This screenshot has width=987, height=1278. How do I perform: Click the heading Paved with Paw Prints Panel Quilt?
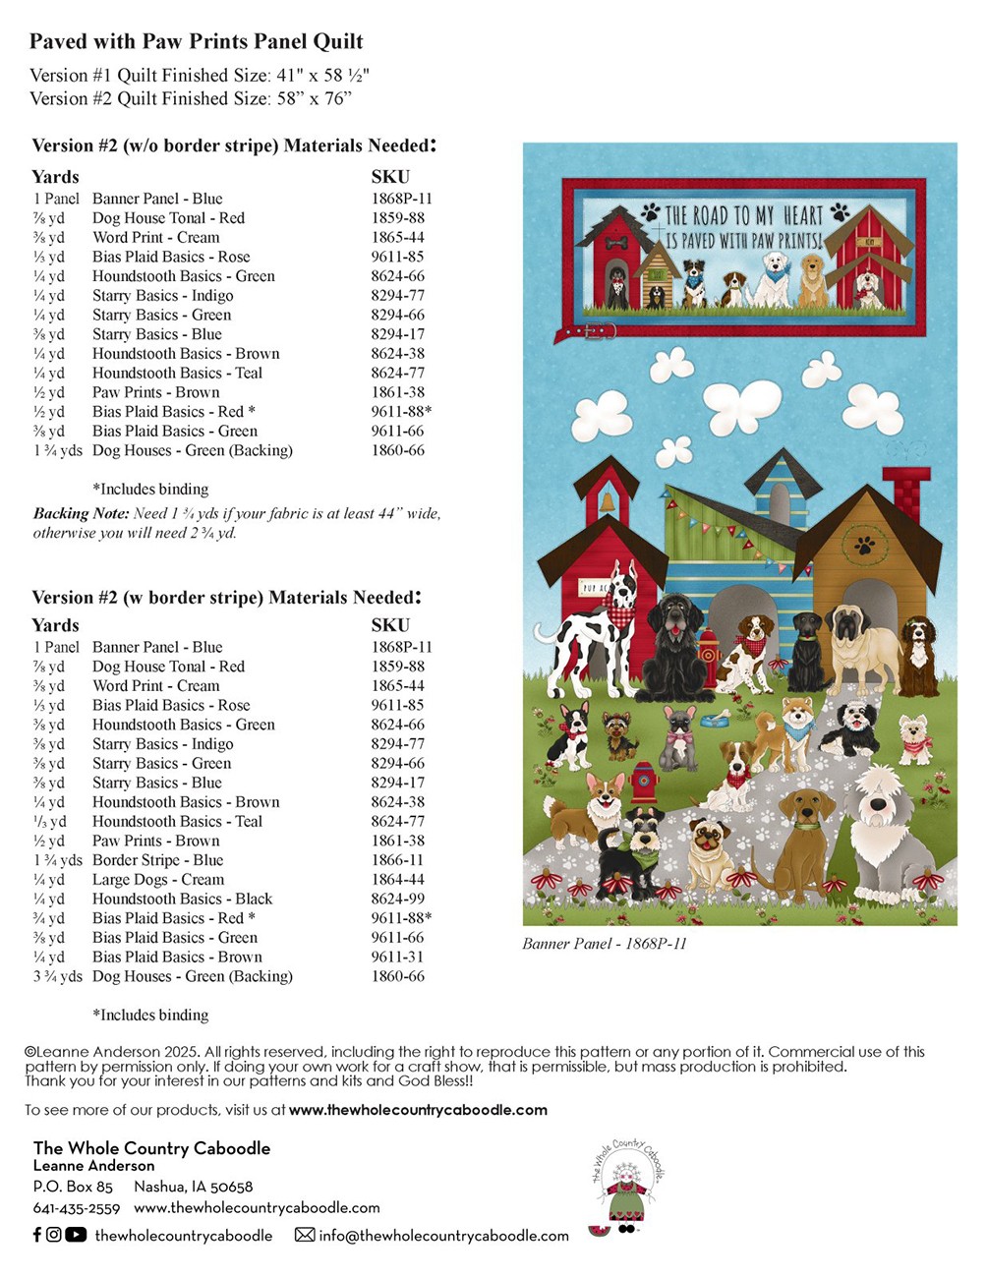(197, 41)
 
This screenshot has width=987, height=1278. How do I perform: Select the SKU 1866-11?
(397, 860)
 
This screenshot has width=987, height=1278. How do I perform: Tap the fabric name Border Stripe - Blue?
(158, 860)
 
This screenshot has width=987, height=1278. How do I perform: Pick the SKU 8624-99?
(397, 899)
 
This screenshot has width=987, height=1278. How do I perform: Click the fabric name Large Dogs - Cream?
(158, 880)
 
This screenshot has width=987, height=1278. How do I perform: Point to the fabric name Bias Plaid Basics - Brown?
(177, 957)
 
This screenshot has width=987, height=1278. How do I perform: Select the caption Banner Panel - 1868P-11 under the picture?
(605, 944)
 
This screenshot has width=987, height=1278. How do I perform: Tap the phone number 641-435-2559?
(77, 1208)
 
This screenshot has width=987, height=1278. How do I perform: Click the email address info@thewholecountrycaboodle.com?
(443, 1236)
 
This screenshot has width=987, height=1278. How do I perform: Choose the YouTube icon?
(76, 1235)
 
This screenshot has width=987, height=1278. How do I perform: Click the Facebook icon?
(37, 1235)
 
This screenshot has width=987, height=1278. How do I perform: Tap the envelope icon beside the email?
(305, 1235)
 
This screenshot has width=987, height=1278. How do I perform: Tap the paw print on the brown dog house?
(865, 544)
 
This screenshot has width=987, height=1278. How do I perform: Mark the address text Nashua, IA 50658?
(194, 1187)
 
